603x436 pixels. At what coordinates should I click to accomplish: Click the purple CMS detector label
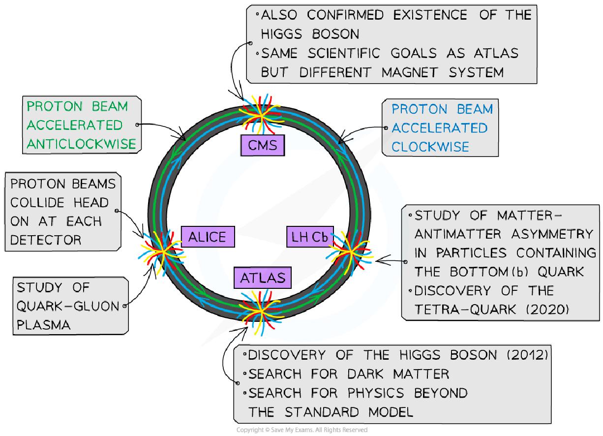pos(262,145)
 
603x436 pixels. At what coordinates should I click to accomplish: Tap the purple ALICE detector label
pos(207,237)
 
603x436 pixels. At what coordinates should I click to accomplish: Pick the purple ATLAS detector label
pos(263,278)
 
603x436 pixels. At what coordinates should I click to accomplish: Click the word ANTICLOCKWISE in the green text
pos(81,143)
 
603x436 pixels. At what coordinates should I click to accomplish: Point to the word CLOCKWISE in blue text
pos(430,147)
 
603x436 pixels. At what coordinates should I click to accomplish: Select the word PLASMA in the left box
pos(43,325)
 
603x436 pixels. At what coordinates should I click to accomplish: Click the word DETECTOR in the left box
pos(46,240)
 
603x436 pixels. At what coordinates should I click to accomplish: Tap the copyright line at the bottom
pos(301,430)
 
